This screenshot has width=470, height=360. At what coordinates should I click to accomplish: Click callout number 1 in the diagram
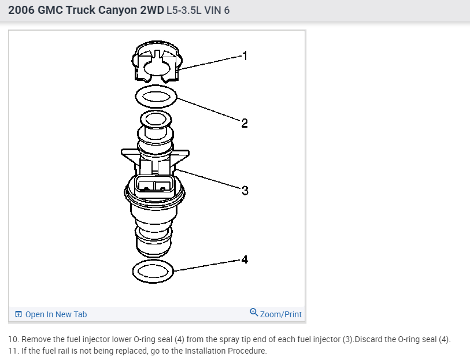245,56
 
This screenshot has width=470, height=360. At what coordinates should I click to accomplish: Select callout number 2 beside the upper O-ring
245,123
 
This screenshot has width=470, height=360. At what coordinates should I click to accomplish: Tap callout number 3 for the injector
245,190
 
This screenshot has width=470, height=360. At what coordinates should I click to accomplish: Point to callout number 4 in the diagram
245,259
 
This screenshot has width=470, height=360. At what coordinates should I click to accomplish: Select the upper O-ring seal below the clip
156,96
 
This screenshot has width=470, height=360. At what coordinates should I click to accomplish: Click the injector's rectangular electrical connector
154,186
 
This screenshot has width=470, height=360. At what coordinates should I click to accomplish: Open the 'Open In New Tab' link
56,314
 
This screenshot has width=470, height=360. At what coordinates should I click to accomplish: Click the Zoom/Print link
280,314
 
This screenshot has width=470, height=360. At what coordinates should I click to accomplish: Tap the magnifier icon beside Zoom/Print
254,313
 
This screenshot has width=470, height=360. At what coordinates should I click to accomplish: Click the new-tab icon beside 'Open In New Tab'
18,314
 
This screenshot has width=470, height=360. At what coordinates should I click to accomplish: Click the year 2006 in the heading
21,10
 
